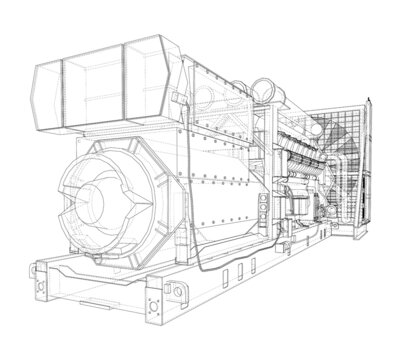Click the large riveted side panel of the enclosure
point(210,160)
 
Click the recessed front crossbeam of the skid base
point(100,290)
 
